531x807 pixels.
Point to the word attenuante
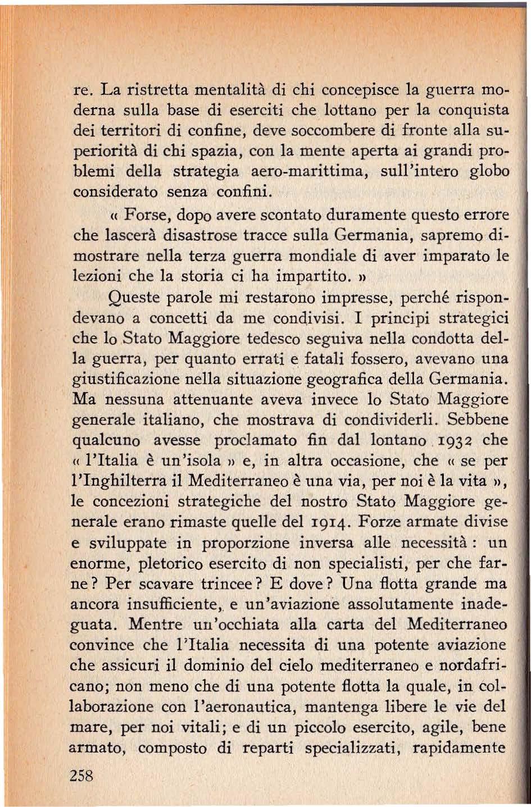coord(199,399)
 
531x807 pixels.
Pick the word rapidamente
coord(460,747)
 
